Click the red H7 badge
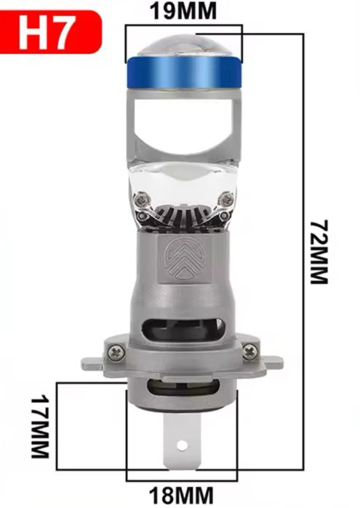[50, 32]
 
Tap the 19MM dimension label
[183, 12]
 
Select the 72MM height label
[319, 252]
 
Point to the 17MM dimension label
[40, 426]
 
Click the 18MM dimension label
[181, 496]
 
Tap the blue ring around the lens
[183, 73]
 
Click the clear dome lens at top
[183, 45]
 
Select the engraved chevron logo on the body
[184, 258]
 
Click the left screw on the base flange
[116, 352]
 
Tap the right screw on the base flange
[250, 352]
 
